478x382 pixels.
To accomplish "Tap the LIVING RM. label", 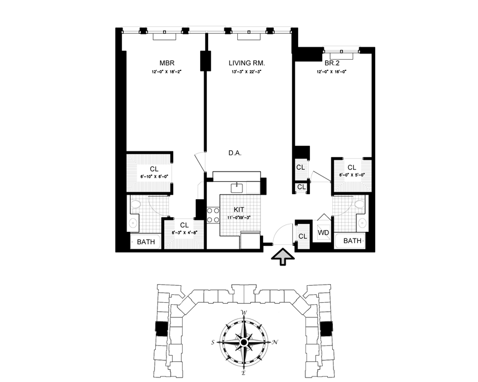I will (247, 64).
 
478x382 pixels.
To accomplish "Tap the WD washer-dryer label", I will (323, 232).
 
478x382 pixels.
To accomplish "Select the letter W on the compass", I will (244, 313).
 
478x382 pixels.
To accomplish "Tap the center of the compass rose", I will (244, 342).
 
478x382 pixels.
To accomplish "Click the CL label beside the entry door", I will (303, 236).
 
